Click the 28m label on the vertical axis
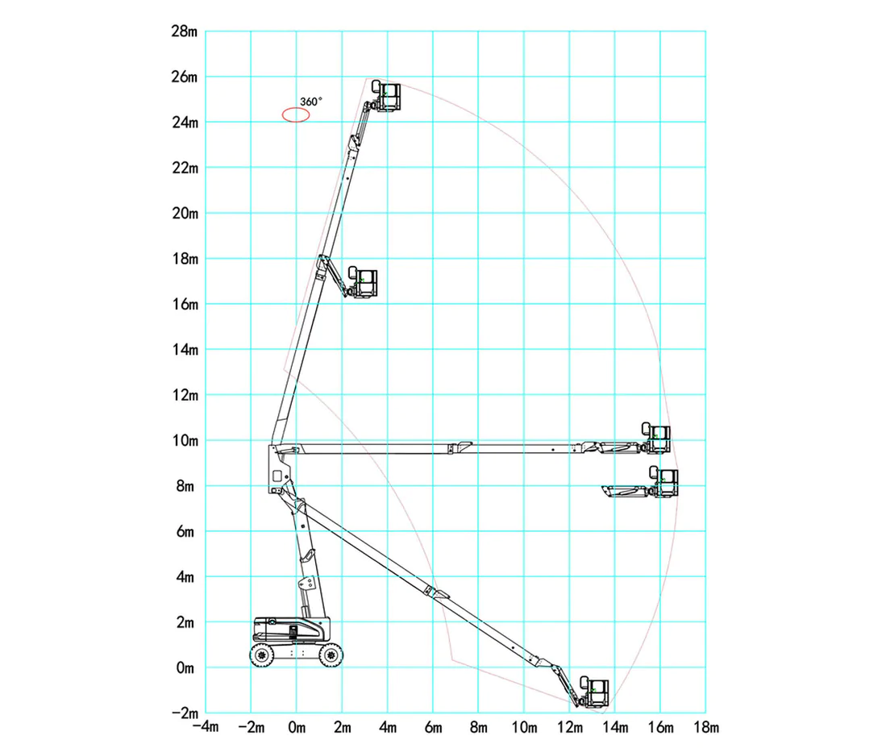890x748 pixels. click(185, 31)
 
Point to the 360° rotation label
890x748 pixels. click(311, 102)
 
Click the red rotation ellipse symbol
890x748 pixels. click(296, 115)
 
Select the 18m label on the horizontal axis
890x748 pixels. click(706, 728)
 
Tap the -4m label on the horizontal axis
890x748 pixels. click(206, 728)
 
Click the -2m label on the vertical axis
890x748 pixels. click(185, 713)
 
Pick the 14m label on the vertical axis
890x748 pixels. click(185, 350)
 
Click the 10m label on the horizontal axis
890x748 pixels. click(525, 728)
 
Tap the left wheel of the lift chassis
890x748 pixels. click(262, 655)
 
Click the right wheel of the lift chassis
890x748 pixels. click(331, 655)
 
